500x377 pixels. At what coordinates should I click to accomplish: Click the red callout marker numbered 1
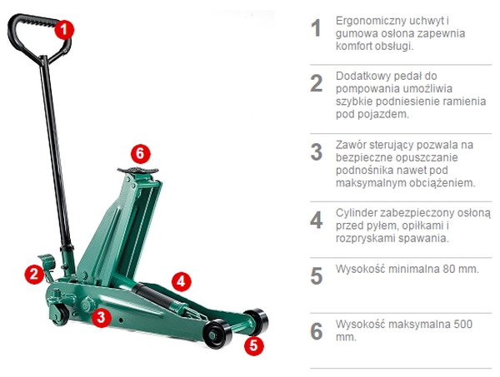click(64, 29)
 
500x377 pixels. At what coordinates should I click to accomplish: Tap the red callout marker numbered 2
click(34, 274)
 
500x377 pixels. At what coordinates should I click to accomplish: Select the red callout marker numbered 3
click(101, 317)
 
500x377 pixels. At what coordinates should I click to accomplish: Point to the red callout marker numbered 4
click(181, 281)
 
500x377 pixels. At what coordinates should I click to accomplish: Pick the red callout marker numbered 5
click(254, 345)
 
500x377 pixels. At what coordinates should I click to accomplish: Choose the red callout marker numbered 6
click(140, 153)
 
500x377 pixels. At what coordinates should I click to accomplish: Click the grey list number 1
click(316, 28)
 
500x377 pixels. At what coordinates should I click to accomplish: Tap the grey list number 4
click(317, 220)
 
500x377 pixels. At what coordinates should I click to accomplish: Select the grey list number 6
click(317, 331)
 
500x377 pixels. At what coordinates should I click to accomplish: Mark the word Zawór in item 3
click(350, 145)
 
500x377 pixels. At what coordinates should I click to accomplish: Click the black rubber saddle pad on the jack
click(137, 170)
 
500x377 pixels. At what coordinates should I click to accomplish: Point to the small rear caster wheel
click(59, 315)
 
